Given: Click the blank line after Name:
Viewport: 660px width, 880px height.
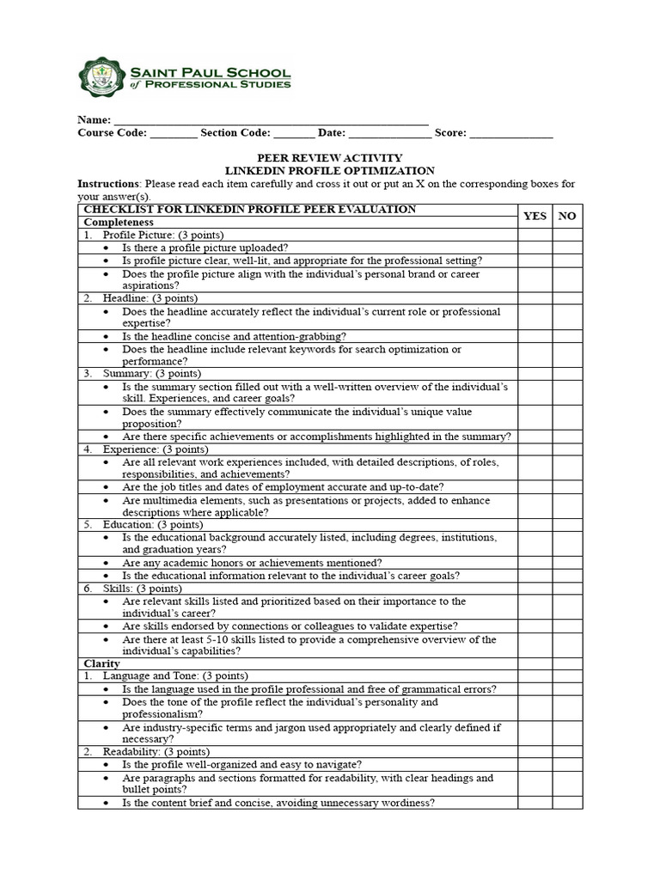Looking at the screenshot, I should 271,120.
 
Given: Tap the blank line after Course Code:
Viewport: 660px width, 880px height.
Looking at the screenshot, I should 173,133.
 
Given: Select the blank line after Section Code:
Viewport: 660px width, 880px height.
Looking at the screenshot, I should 295,133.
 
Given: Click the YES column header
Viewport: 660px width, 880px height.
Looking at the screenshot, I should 535,216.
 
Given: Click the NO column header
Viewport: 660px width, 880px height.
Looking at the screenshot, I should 567,216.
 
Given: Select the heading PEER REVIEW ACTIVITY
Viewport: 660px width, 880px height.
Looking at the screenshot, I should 330,158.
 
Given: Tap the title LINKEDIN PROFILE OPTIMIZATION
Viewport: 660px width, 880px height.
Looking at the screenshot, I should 330,171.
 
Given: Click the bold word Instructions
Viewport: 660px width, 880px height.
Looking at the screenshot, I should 108,184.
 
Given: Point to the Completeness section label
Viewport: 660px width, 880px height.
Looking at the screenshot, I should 118,222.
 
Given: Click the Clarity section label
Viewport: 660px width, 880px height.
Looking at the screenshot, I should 101,663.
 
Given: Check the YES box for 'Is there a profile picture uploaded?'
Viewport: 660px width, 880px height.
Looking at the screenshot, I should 535,247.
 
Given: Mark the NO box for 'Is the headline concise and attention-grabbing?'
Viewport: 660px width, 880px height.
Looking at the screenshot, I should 567,336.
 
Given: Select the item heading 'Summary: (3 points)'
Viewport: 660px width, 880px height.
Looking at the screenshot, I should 151,374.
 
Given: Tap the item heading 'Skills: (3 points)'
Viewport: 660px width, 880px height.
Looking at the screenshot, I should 142,589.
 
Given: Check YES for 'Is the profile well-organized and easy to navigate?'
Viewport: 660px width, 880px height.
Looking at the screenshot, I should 535,764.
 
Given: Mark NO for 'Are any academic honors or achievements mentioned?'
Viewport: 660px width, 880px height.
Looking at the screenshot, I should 567,563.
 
